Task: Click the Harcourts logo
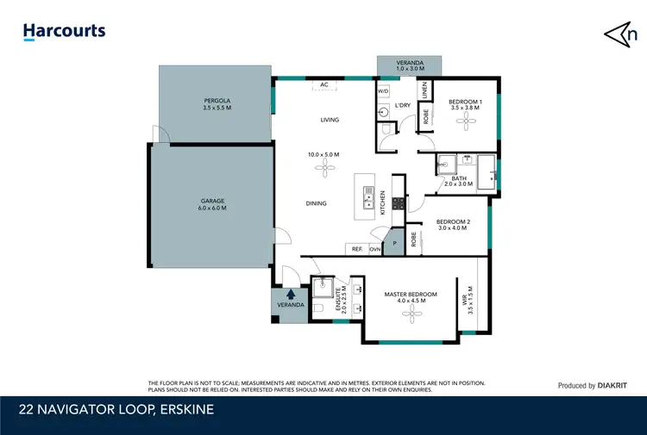click(x=64, y=32)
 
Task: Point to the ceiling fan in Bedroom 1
click(x=465, y=124)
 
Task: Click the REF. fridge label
click(x=355, y=249)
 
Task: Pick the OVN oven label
click(x=375, y=249)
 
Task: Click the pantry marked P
click(x=394, y=243)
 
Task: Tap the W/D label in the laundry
click(x=383, y=90)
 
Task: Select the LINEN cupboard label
click(x=424, y=89)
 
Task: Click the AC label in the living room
click(x=324, y=84)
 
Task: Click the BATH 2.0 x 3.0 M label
click(x=459, y=181)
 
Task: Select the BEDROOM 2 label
click(x=453, y=225)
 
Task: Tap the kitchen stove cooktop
click(x=399, y=204)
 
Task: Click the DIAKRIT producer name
click(x=615, y=386)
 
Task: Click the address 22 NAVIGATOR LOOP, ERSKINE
click(x=116, y=409)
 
